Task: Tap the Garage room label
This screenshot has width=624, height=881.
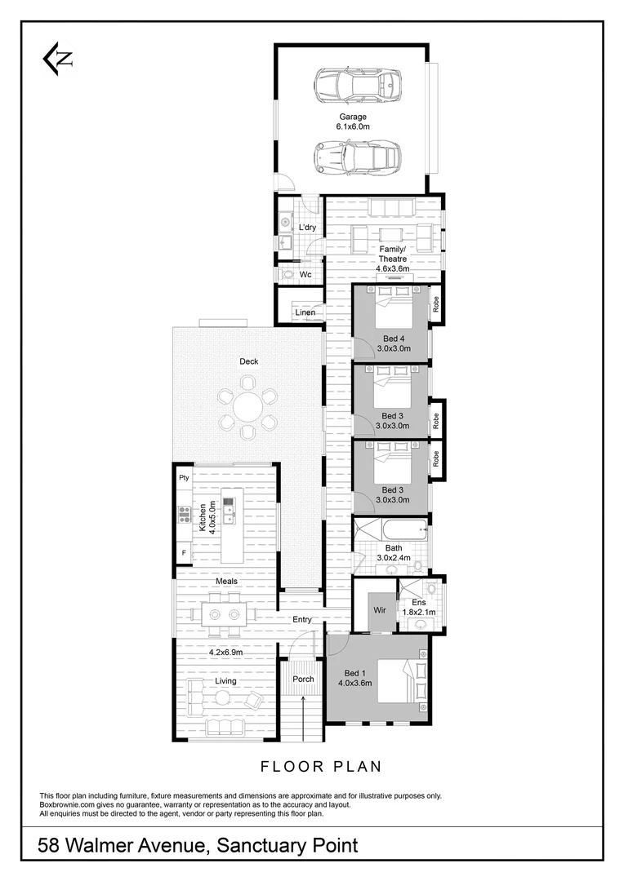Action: click(x=353, y=117)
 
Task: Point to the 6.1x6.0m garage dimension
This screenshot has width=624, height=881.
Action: click(x=353, y=127)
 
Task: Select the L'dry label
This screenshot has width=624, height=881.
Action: click(x=307, y=227)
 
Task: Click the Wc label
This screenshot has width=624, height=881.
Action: click(x=305, y=275)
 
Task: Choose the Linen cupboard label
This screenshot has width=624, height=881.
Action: click(x=305, y=312)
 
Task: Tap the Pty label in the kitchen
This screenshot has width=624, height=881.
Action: click(x=184, y=477)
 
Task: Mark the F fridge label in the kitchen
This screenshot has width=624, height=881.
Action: click(x=183, y=553)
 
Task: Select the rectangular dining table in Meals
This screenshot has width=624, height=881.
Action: click(x=222, y=613)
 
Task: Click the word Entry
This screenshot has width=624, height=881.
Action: click(x=302, y=620)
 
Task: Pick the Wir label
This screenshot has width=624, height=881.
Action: click(x=379, y=609)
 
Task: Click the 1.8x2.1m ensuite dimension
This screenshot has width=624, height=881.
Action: click(x=418, y=613)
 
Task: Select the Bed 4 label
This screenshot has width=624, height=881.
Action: click(x=393, y=338)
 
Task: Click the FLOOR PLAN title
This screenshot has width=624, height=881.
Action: click(x=320, y=766)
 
